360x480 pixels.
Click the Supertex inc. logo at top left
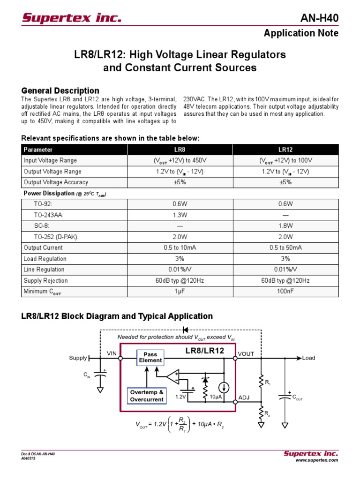coord(71,18)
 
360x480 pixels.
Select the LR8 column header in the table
coord(180,150)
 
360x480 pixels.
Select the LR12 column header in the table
coord(285,150)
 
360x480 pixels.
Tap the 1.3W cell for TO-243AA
coord(180,215)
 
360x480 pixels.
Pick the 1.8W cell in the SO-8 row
coord(285,226)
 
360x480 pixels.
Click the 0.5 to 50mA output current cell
coord(285,247)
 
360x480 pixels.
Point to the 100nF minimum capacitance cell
coord(285,292)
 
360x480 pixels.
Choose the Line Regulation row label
coord(44,270)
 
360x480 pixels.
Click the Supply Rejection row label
coord(45,281)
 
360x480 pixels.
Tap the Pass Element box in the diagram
coord(150,358)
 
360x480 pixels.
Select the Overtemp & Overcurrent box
coord(147,396)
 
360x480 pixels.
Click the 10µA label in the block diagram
coord(216,397)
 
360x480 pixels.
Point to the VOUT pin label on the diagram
coord(246,354)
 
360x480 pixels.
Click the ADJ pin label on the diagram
coord(244,397)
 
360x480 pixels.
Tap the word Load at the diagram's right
coord(308,358)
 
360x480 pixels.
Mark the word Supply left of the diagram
coord(78,358)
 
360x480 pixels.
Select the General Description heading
coord(60,90)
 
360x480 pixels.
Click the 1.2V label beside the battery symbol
coord(181,397)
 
